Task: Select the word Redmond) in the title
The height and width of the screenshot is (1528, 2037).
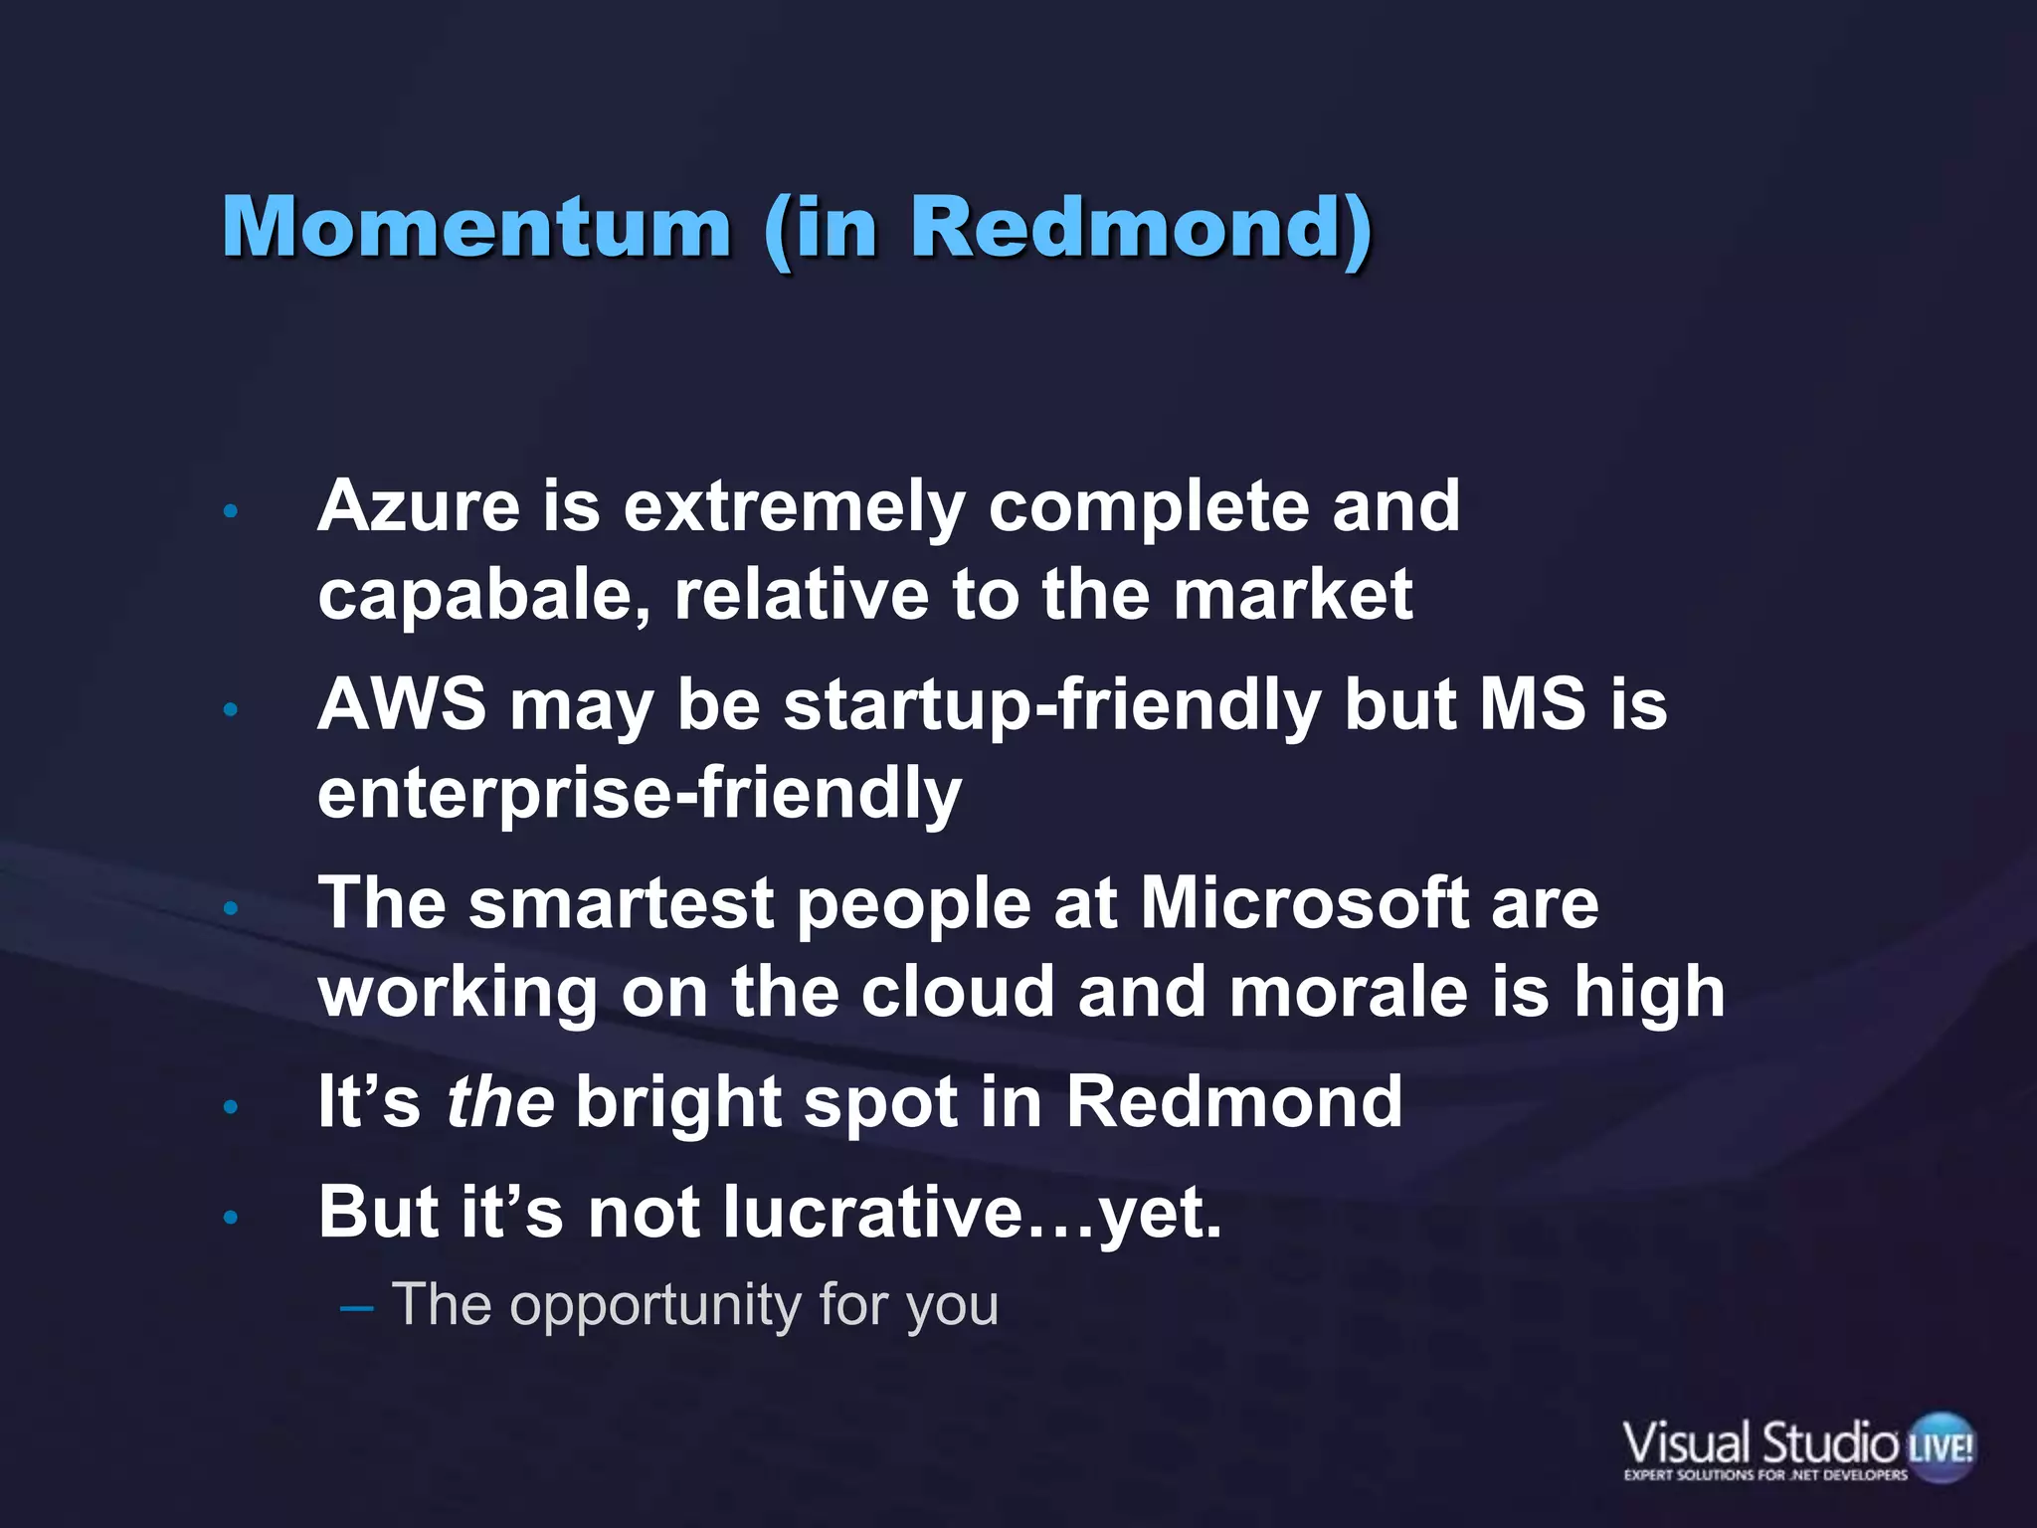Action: pos(1141,227)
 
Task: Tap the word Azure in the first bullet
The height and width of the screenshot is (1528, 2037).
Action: pos(419,506)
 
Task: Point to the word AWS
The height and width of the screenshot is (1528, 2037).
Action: pos(402,704)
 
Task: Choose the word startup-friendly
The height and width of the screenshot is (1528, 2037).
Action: pos(1052,704)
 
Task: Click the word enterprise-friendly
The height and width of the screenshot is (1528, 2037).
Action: pos(640,793)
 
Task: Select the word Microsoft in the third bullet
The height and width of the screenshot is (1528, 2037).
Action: pos(1303,903)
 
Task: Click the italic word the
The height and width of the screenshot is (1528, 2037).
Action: pos(499,1102)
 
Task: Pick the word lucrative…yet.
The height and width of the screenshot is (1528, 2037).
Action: pos(972,1213)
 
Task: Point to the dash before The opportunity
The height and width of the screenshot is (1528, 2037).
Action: pos(356,1306)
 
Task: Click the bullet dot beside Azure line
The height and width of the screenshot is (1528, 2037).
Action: pos(231,511)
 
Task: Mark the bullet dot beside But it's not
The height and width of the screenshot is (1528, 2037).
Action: pos(231,1217)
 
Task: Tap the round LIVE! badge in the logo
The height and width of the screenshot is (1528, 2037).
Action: pos(1941,1446)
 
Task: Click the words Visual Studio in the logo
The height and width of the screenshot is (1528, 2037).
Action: pos(1759,1442)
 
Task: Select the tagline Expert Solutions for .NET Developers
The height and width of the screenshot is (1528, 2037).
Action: pos(1765,1475)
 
